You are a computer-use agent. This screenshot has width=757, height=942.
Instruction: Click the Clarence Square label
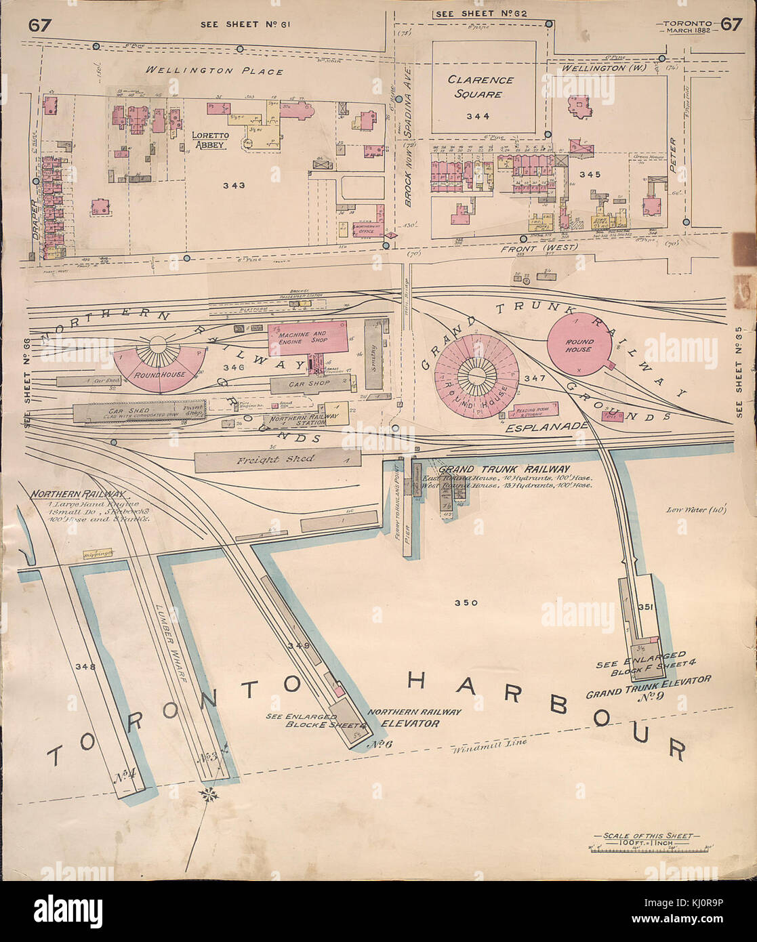click(x=480, y=87)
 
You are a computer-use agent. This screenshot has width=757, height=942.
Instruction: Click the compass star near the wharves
click(x=207, y=794)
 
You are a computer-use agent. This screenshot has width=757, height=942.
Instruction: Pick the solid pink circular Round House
click(x=579, y=346)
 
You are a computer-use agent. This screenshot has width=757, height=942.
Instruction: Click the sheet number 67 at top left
click(x=39, y=26)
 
